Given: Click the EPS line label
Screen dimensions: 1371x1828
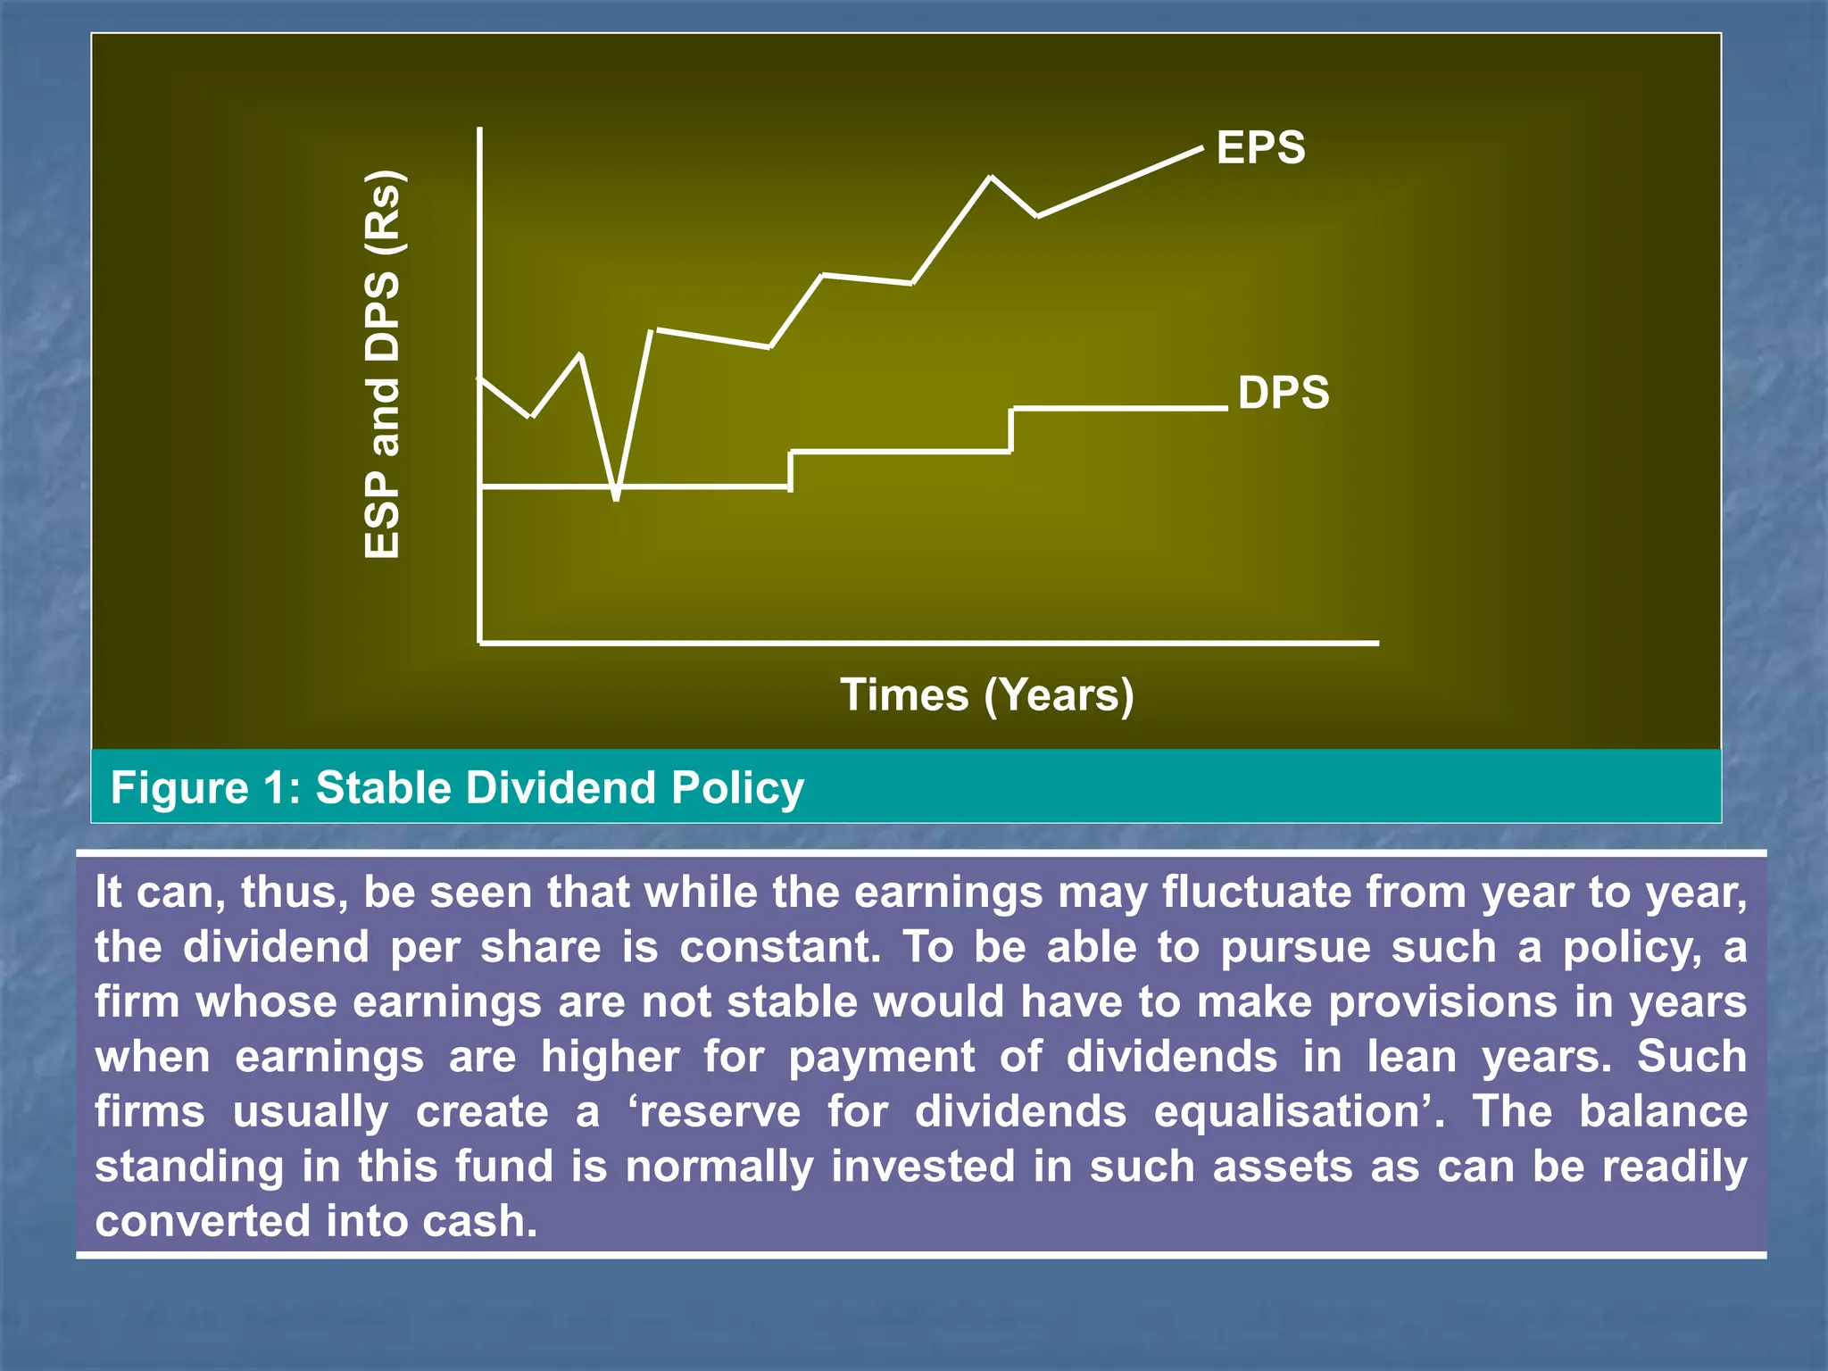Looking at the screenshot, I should [1260, 148].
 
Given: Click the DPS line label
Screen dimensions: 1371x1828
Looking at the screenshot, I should [1284, 393].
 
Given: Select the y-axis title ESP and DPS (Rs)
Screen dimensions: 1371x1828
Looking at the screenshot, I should [383, 364].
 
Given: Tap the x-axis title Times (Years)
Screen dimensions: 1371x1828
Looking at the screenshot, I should [986, 694].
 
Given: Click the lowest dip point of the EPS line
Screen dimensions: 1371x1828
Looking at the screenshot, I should [616, 497].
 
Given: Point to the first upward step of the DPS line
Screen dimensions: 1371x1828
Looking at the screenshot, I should [791, 469].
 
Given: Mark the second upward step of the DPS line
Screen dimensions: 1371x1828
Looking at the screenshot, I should [1011, 430].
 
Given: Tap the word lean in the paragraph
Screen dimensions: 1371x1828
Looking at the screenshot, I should [1412, 1057].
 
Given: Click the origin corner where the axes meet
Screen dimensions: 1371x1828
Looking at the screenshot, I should [480, 642].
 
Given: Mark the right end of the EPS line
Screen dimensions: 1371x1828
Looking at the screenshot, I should [1201, 149].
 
